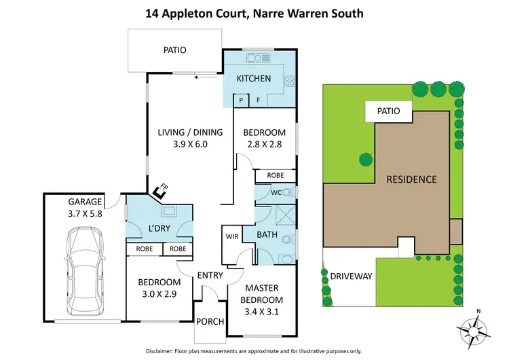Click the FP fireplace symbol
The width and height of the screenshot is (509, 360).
pos(162,192)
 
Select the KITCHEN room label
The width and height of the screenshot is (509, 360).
pos(253,79)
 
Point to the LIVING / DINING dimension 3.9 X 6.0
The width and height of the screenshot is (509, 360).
pos(181,144)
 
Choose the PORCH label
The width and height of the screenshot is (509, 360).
pos(210,321)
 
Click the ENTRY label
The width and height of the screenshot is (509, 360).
pos(210,275)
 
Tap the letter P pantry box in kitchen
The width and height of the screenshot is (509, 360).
pos(240,100)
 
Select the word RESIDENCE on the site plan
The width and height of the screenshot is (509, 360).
pos(411,179)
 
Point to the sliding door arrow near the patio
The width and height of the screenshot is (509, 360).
pos(201,77)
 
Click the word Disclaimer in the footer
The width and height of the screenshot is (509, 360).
pos(164,350)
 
